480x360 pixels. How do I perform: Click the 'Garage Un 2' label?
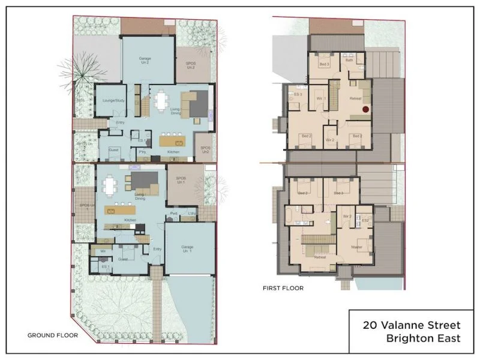pyautogui.click(x=145, y=61)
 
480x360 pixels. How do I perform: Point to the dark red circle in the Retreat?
pyautogui.click(x=364, y=109)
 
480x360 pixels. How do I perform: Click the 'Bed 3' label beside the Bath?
pyautogui.click(x=324, y=64)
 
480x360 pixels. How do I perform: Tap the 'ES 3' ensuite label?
pyautogui.click(x=296, y=95)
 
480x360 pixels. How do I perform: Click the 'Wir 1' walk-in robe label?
pyautogui.click(x=321, y=98)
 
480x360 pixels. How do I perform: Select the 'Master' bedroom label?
pyautogui.click(x=356, y=247)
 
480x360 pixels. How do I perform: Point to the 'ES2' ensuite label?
pyautogui.click(x=365, y=221)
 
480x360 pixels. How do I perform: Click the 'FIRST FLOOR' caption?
pyautogui.click(x=283, y=288)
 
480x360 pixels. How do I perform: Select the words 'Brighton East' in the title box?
pyautogui.click(x=424, y=338)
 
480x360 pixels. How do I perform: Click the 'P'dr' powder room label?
pyautogui.click(x=173, y=213)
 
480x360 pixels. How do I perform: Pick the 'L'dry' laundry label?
pyautogui.click(x=193, y=214)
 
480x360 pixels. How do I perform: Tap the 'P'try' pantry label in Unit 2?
pyautogui.click(x=143, y=152)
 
